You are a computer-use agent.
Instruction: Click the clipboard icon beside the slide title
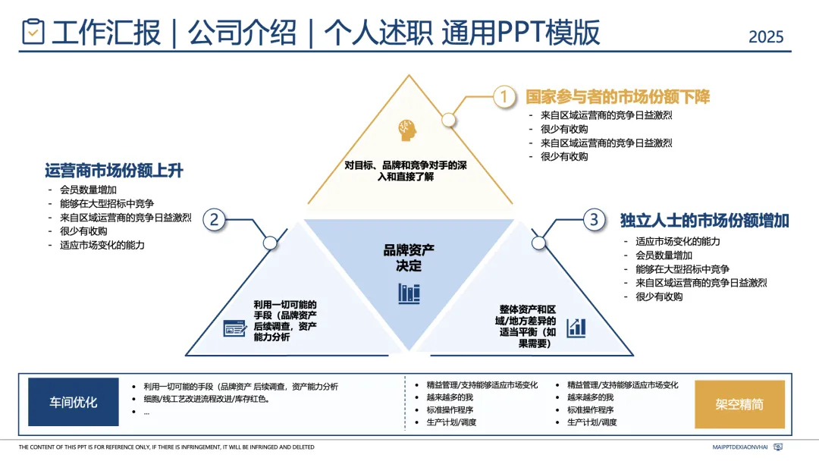(x=33, y=32)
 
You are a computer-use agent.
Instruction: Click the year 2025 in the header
(x=766, y=36)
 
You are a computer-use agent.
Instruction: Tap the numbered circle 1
(x=504, y=96)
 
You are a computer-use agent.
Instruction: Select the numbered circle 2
(x=215, y=220)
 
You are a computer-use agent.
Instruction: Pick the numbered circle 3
(x=594, y=220)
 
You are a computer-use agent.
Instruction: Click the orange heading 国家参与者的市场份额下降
(x=617, y=96)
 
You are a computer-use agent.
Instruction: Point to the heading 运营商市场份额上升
(x=114, y=171)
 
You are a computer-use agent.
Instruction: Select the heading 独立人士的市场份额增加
(x=704, y=221)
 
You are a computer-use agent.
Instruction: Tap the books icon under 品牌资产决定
(x=409, y=293)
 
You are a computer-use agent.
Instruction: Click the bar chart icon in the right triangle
(x=576, y=328)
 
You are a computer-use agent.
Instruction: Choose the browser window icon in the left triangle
(x=234, y=328)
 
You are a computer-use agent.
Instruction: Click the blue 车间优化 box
(x=74, y=402)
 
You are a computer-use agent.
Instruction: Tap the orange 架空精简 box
(x=739, y=404)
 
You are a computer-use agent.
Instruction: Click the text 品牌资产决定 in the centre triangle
(x=409, y=257)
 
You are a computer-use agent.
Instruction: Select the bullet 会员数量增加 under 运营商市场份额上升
(x=88, y=190)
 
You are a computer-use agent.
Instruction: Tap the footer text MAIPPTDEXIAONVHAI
(x=739, y=447)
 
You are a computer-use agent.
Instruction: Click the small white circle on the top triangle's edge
(x=448, y=119)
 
